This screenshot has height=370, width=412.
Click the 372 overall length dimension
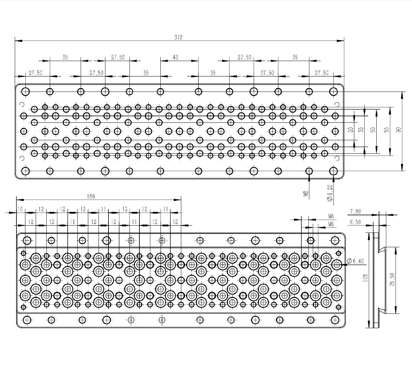pos(178,37)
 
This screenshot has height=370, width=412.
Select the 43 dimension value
pos(175,57)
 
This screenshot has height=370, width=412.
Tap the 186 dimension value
pos(91,196)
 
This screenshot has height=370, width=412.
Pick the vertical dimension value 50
pos(373,130)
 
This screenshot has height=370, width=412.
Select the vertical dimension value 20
pos(351,130)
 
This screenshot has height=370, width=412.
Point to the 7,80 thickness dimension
pos(355,212)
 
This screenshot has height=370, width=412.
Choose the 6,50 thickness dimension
pos(355,222)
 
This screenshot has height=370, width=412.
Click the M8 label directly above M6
pos(331,216)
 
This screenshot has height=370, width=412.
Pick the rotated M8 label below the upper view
pos(306,194)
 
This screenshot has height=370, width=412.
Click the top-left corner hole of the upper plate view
pos(26,92)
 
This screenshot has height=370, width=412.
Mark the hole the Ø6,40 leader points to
pos(336,265)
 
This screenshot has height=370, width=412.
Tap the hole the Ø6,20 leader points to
pos(333,171)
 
